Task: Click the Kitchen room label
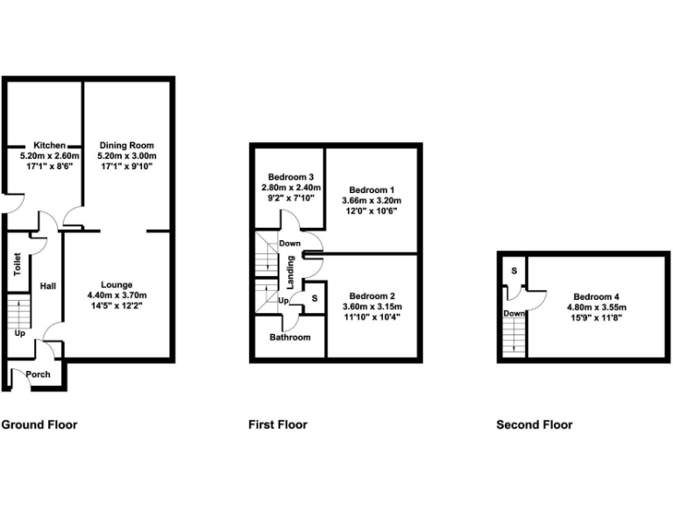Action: click(50, 145)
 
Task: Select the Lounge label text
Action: click(117, 285)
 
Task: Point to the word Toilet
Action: click(17, 266)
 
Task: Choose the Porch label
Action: click(38, 374)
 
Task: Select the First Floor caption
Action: click(278, 424)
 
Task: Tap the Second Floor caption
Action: click(535, 424)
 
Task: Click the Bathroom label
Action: click(289, 337)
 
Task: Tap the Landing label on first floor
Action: click(291, 270)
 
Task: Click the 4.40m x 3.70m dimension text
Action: click(117, 295)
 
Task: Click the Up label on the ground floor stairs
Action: click(19, 333)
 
